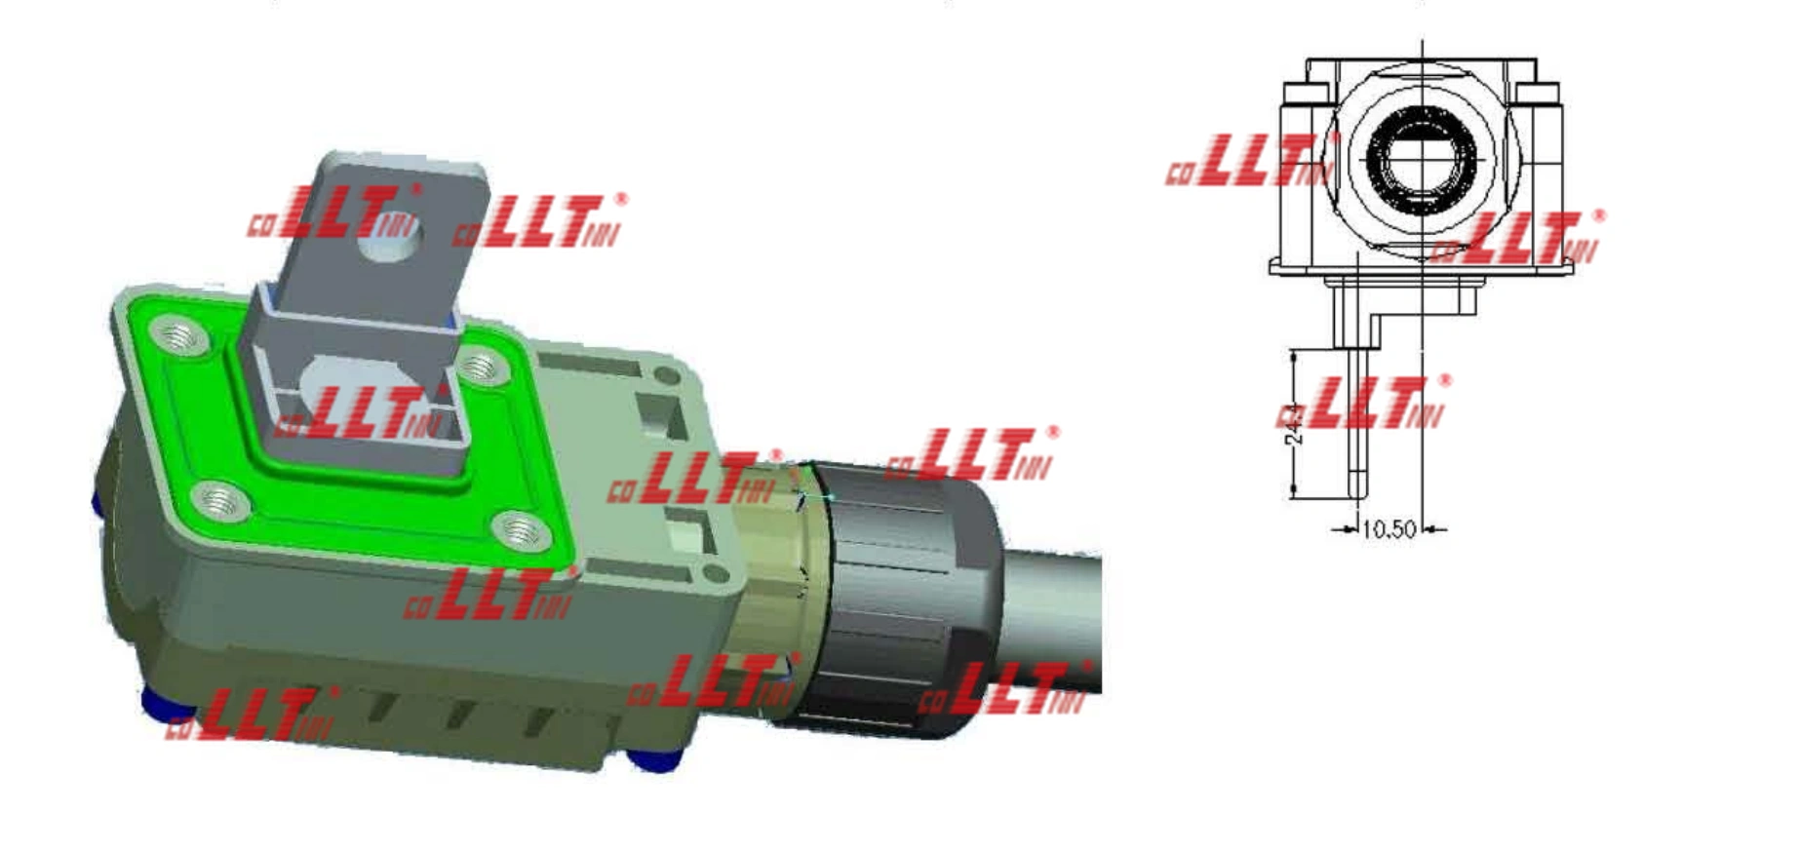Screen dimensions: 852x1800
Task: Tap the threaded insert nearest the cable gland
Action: (x=522, y=532)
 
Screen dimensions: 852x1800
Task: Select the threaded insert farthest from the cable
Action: (x=179, y=338)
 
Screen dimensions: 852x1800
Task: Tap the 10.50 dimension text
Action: (x=1388, y=529)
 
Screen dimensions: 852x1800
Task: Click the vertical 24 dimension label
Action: (x=1295, y=425)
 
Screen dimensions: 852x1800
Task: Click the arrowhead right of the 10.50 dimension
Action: (x=1430, y=529)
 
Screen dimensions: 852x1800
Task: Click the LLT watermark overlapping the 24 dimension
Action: (x=1365, y=405)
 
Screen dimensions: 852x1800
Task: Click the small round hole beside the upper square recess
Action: (x=667, y=375)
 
